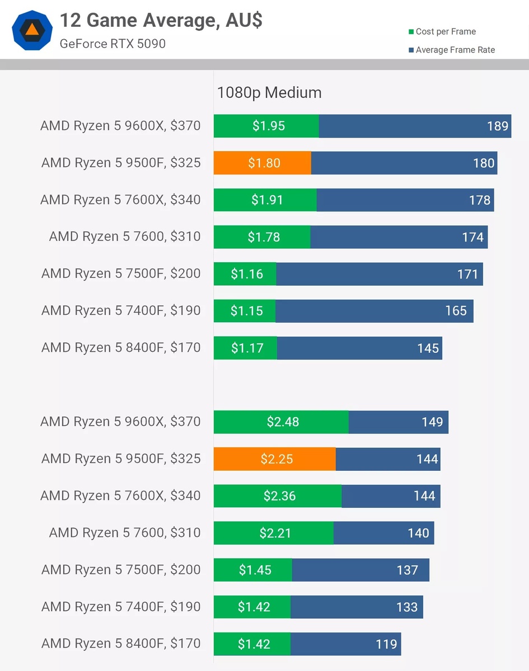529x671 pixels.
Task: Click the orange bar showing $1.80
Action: [x=262, y=163]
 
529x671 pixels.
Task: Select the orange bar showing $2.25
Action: [x=275, y=459]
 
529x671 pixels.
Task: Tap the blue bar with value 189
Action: [x=415, y=126]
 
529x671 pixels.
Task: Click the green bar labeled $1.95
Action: [x=266, y=126]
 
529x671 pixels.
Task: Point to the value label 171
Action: [x=468, y=274]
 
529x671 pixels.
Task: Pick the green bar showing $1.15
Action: [x=245, y=311]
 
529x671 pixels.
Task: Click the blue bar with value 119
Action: [x=345, y=644]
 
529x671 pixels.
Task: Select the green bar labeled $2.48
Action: [x=281, y=422]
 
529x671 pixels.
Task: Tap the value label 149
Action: [x=432, y=422]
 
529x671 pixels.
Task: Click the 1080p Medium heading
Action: [x=269, y=92]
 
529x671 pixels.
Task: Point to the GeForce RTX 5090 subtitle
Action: [x=113, y=44]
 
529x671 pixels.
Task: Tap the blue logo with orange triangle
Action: [x=32, y=30]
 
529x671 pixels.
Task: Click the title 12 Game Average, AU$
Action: [x=161, y=21]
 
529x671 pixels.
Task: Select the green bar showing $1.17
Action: [x=245, y=348]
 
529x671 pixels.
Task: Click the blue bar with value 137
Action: [x=361, y=570]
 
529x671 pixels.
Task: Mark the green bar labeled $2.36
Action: [x=278, y=496]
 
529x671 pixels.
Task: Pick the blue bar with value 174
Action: [x=399, y=237]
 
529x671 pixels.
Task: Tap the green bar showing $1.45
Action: [x=252, y=570]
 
